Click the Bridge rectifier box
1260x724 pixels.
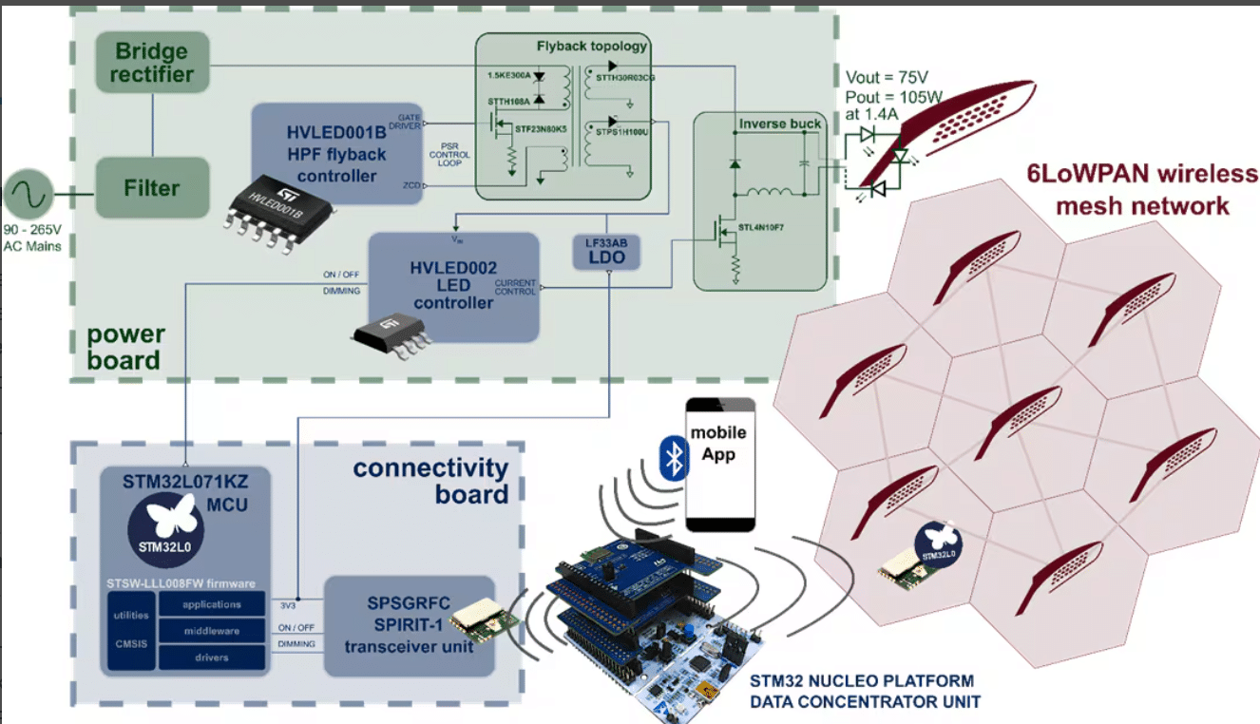(152, 63)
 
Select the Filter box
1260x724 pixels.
(152, 188)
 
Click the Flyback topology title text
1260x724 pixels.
(592, 46)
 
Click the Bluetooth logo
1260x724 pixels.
(674, 460)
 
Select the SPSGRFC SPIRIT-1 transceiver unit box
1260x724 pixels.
(410, 625)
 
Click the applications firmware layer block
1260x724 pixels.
(212, 604)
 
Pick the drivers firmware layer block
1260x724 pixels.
(212, 657)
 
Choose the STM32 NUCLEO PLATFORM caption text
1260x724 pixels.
(861, 681)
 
